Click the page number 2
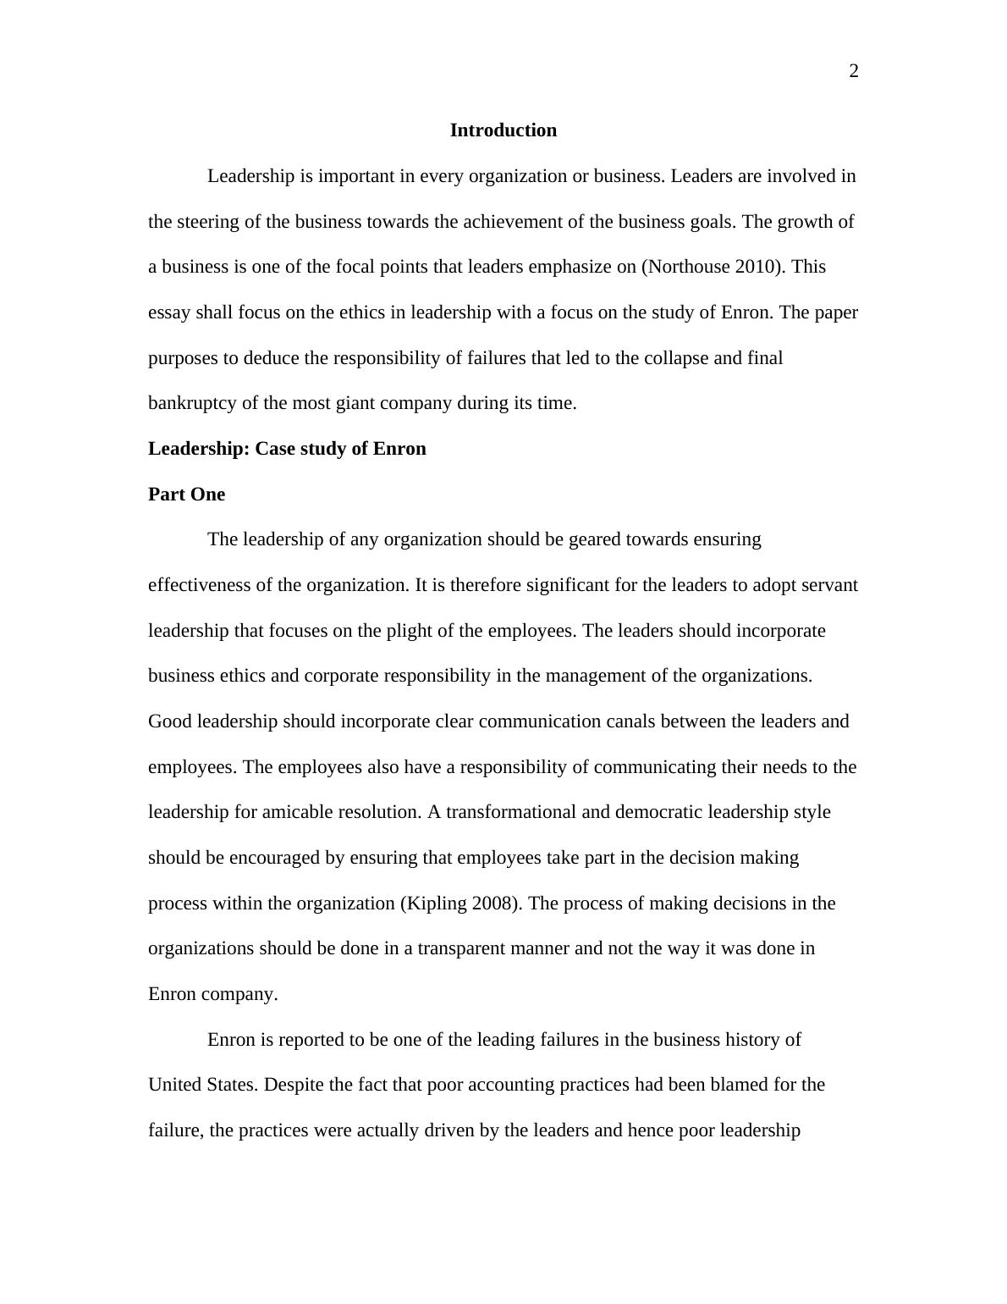(x=853, y=72)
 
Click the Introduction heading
(x=503, y=130)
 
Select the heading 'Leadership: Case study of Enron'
(x=287, y=449)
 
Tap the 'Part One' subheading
(x=186, y=495)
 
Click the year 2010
(x=756, y=267)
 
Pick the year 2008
(x=492, y=903)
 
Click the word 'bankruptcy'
(x=192, y=403)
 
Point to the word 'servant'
(x=829, y=585)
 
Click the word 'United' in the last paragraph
(x=173, y=1085)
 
